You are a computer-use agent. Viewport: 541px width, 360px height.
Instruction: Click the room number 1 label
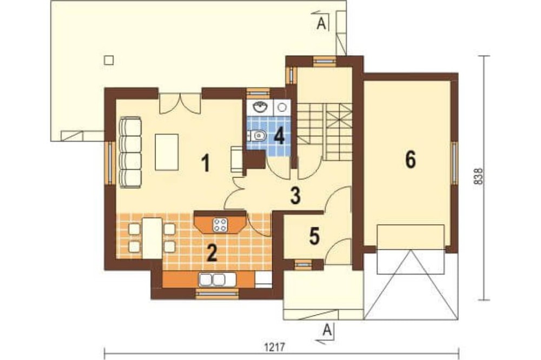pos(206,163)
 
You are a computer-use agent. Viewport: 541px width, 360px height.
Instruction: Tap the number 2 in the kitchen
pos(211,253)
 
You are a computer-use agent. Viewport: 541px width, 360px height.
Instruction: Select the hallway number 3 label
pos(295,195)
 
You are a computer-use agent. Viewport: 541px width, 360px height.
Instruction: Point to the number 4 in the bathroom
pos(279,136)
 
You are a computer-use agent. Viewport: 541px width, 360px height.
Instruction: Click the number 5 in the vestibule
pos(314,236)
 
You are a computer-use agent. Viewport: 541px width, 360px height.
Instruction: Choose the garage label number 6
pos(411,159)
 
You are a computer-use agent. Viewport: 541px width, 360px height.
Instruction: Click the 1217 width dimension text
pos(275,347)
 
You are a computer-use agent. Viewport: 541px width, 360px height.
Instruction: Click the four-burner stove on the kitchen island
pos(221,225)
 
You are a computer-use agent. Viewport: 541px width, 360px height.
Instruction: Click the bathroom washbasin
pos(260,108)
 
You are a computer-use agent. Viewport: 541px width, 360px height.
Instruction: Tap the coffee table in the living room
pos(167,152)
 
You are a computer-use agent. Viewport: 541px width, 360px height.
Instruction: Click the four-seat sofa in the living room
pos(130,152)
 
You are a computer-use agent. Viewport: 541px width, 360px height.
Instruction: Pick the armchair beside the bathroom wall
pos(237,158)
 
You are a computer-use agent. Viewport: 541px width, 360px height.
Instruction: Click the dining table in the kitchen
pos(152,238)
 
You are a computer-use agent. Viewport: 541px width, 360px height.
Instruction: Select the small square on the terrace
pos(109,60)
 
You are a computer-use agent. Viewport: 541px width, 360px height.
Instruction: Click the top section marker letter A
pos(321,24)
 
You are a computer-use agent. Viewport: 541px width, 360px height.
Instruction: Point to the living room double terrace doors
pos(180,103)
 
